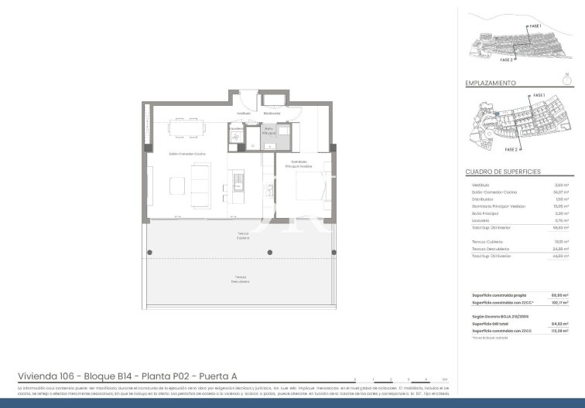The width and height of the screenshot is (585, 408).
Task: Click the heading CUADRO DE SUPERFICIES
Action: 502,171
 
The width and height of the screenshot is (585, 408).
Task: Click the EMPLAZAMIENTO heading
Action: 491,82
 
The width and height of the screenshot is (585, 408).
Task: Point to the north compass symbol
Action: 566,77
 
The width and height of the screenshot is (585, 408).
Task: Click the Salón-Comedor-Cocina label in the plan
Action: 186,153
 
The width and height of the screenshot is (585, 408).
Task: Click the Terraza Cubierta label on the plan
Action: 243,235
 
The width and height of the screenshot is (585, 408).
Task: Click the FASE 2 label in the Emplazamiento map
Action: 511,149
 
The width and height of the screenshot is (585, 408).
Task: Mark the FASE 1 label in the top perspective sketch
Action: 535,26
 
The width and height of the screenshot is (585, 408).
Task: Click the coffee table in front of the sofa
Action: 178,185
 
